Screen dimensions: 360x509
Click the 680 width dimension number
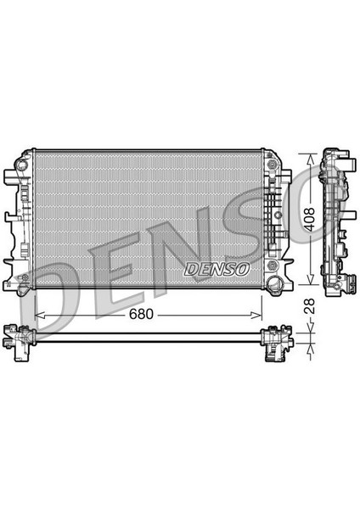tap(141, 314)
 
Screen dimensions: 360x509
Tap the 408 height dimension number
tap(309, 219)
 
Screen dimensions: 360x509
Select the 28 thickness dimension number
tap(309, 305)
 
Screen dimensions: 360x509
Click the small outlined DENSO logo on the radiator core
tap(217, 269)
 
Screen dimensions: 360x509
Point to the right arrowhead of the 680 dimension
tap(256, 315)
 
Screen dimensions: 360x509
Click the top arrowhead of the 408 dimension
tap(311, 159)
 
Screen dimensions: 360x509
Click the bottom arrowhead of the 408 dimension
tap(311, 280)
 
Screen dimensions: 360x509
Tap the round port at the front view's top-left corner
tap(22, 165)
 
